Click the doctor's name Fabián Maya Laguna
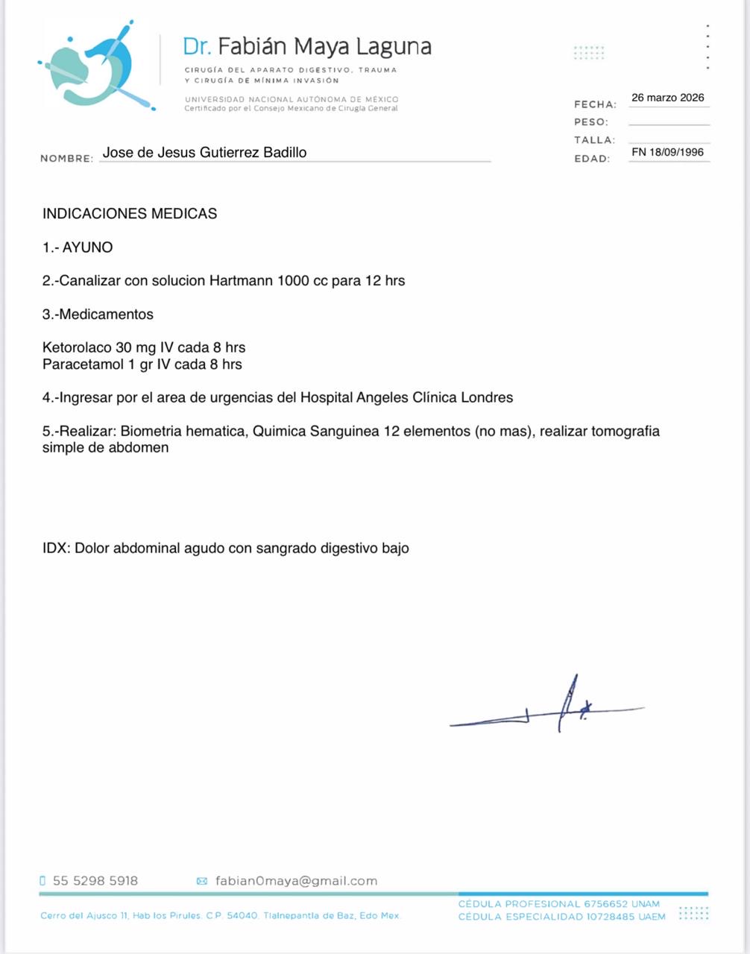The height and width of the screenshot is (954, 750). [324, 46]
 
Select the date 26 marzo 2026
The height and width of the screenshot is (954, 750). [667, 98]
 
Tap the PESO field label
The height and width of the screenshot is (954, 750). [591, 122]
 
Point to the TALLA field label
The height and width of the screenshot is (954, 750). [594, 140]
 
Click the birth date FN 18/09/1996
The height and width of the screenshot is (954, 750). [667, 152]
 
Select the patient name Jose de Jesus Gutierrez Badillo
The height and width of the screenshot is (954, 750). [204, 153]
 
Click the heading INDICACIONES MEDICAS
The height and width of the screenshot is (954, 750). [130, 214]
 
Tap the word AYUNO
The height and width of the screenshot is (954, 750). [87, 247]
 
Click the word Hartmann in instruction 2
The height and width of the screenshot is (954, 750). [241, 281]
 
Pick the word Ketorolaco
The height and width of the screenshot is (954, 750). [77, 347]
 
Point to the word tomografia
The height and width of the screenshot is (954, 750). [625, 431]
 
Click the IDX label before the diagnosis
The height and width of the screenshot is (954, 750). [56, 549]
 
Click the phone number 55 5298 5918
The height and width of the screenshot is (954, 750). [95, 881]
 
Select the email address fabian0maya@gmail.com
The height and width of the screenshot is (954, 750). [296, 881]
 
